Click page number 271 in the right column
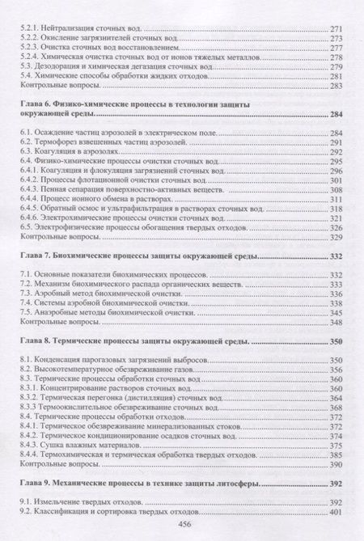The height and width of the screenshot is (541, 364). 336,27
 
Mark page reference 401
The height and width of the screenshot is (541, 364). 336,514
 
